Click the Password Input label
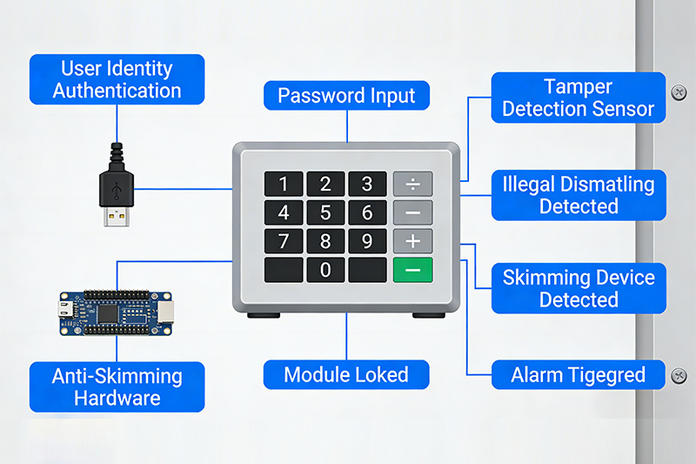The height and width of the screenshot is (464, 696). (346, 96)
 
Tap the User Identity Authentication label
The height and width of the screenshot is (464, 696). (117, 79)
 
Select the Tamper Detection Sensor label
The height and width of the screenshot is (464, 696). (579, 98)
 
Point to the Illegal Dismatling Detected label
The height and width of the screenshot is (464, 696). (579, 195)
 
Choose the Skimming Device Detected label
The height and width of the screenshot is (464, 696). (579, 288)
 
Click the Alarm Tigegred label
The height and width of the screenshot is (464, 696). (579, 375)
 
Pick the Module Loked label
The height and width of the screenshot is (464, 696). (346, 375)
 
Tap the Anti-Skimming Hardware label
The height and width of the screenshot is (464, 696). (117, 387)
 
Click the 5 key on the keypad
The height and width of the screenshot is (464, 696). (325, 212)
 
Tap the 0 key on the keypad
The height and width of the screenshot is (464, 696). (325, 269)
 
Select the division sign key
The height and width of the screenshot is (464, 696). (412, 184)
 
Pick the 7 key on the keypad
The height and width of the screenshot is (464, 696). (284, 240)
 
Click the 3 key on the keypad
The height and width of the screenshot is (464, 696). (367, 184)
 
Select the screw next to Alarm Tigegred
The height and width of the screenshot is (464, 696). (678, 375)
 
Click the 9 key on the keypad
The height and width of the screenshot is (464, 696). (367, 240)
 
